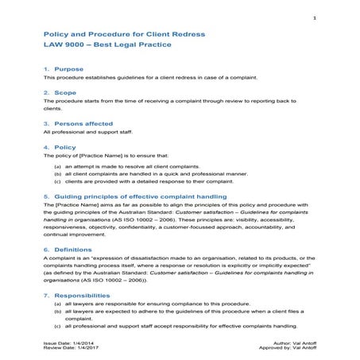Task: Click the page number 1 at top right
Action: pos(315,18)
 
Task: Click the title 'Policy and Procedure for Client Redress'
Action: pos(124,35)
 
